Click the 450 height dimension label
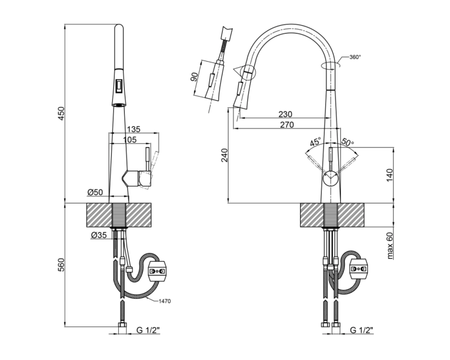click(62, 113)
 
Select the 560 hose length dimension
click(62, 265)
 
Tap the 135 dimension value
click(133, 129)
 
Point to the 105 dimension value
click(130, 140)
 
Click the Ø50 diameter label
click(95, 192)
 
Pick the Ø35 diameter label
click(99, 235)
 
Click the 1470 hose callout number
click(165, 301)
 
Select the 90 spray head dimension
click(194, 77)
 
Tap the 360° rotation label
click(355, 57)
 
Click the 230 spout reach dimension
click(285, 114)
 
